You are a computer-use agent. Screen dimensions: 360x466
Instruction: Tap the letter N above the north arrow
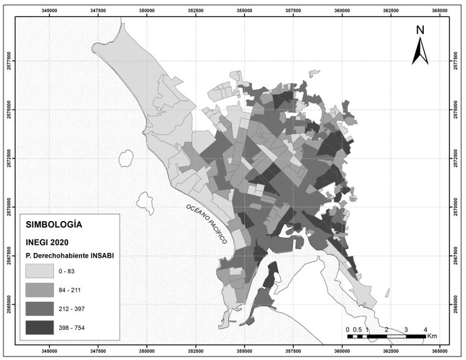(420, 30)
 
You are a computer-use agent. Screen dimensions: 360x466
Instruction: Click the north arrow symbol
(420, 51)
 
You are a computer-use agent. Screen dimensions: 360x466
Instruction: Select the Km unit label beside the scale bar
(432, 336)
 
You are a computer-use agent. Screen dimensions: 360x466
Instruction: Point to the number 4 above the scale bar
(426, 330)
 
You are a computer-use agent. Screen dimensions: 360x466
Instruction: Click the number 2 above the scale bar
(386, 330)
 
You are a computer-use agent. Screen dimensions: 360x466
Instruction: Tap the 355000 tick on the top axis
(244, 10)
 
